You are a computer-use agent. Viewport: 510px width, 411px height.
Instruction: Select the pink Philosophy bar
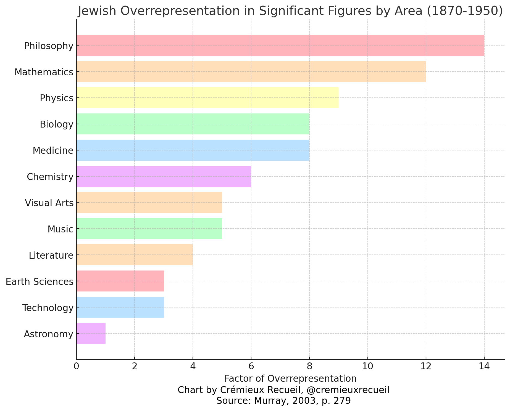[x=280, y=45]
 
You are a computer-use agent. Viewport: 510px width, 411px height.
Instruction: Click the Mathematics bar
[x=251, y=71]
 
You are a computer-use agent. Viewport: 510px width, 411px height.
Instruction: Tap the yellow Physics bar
[x=207, y=98]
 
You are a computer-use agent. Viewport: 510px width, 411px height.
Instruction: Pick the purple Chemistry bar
[x=164, y=176]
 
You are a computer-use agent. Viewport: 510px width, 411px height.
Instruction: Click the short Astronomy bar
[x=91, y=333]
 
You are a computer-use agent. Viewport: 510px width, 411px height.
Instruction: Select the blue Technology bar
[x=120, y=307]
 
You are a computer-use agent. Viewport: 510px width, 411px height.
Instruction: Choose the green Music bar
[x=149, y=229]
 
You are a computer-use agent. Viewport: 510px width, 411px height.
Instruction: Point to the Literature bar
[x=135, y=255]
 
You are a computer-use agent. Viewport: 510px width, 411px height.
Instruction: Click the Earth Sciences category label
[x=40, y=282]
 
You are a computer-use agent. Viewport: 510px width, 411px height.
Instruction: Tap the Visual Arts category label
[x=49, y=203]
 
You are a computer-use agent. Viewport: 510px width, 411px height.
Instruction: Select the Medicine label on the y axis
[x=53, y=151]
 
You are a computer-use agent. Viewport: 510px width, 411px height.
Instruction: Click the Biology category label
[x=56, y=124]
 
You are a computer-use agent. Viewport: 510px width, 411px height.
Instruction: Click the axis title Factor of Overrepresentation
[x=290, y=378]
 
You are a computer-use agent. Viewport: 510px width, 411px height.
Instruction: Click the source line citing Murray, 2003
[x=283, y=401]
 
